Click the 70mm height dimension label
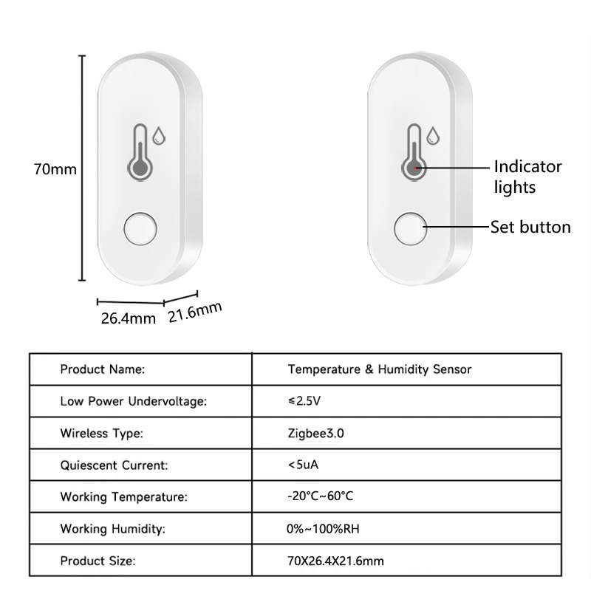click(x=55, y=169)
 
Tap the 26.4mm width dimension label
click(x=128, y=318)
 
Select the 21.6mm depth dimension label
click(x=195, y=312)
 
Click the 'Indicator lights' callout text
click(x=527, y=177)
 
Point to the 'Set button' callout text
click(x=530, y=228)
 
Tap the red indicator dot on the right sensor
click(x=416, y=168)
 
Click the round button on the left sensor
click(x=140, y=229)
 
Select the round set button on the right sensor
click(x=411, y=229)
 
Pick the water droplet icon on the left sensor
click(x=159, y=136)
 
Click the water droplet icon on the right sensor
click(x=433, y=136)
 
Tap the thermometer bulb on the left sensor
click(x=140, y=168)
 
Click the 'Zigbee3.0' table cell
click(x=316, y=434)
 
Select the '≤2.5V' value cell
click(x=304, y=400)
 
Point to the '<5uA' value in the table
click(x=303, y=465)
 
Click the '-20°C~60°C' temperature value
click(x=321, y=496)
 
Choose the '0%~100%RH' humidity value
click(x=323, y=529)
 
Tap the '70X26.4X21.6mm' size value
click(x=335, y=561)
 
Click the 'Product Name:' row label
click(x=103, y=369)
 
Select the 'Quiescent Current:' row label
click(x=114, y=465)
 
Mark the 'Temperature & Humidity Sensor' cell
click(x=380, y=369)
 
